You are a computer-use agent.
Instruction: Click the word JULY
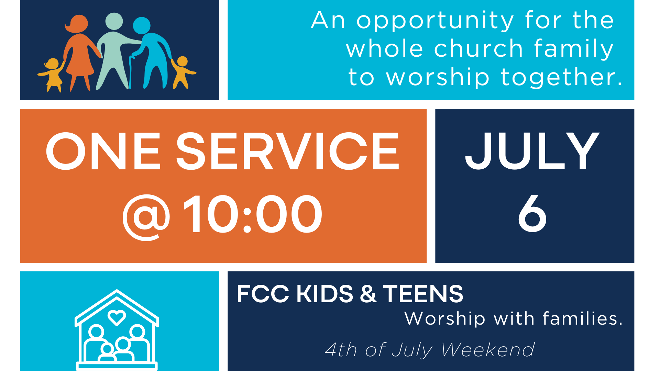pyautogui.click(x=532, y=151)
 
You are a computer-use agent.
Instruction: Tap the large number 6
pyautogui.click(x=532, y=214)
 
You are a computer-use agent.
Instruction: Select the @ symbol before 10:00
pyautogui.click(x=146, y=217)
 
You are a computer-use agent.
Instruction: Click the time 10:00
pyautogui.click(x=253, y=214)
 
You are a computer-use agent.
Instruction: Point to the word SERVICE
pyautogui.click(x=287, y=151)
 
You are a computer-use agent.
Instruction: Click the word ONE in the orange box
pyautogui.click(x=103, y=151)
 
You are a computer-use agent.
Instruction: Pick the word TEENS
pyautogui.click(x=423, y=294)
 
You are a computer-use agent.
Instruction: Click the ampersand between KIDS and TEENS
pyautogui.click(x=368, y=294)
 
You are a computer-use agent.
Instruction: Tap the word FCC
pyautogui.click(x=263, y=294)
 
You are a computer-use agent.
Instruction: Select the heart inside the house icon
pyautogui.click(x=117, y=317)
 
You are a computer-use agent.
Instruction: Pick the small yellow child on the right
pyautogui.click(x=183, y=72)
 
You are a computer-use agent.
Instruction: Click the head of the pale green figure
pyautogui.click(x=114, y=21)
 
